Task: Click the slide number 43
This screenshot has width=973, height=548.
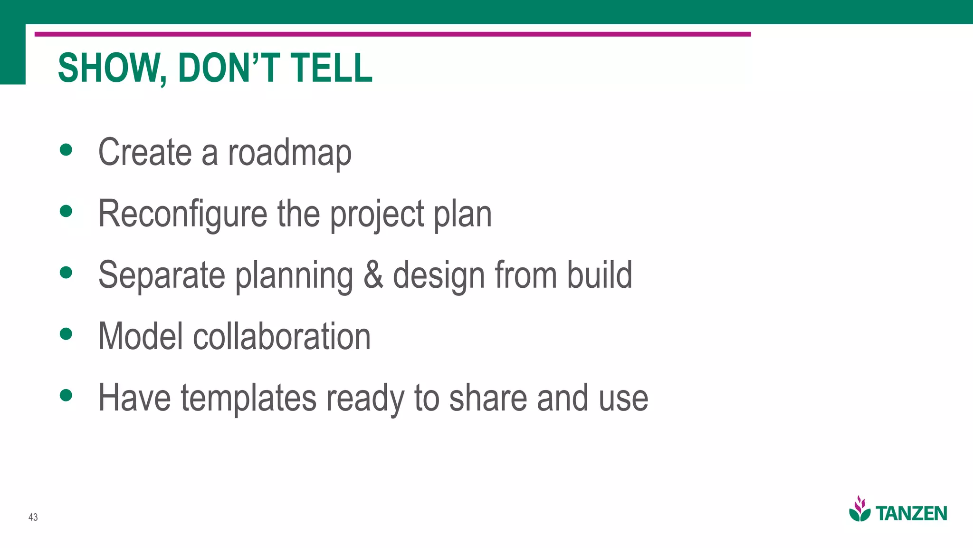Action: tap(33, 517)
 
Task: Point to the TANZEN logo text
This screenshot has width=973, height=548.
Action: tap(911, 514)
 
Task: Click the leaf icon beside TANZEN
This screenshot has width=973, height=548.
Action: tap(860, 509)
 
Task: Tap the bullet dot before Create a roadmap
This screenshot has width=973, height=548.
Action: tap(66, 150)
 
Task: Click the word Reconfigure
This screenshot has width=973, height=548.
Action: tap(183, 214)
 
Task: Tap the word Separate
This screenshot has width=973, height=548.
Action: tap(162, 276)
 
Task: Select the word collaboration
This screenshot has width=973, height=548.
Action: tap(282, 336)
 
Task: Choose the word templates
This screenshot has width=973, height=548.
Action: tap(248, 398)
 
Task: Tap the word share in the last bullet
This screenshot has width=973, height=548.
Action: tap(488, 398)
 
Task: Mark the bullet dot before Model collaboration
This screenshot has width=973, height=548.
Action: tap(66, 334)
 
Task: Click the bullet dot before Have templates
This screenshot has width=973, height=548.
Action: tap(66, 395)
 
